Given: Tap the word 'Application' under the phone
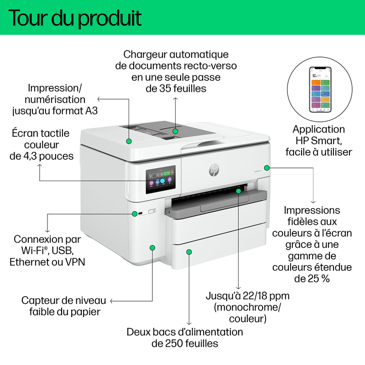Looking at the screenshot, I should (318, 130).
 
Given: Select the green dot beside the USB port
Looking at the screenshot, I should (134, 213).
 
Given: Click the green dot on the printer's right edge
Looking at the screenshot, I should (267, 168).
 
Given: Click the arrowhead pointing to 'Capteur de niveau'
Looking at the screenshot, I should (112, 301).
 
